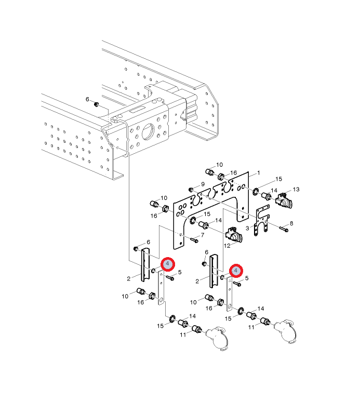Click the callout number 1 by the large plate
(259, 172)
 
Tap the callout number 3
(248, 227)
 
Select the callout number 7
(202, 236)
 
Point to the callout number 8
(291, 223)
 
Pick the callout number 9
(203, 184)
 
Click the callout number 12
(226, 246)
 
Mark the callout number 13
(297, 189)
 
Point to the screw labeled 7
(193, 240)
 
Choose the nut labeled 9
(191, 189)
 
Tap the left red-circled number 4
(167, 264)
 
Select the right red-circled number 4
(236, 271)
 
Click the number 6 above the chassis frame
(87, 99)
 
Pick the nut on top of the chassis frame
(97, 105)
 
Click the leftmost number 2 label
(128, 279)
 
